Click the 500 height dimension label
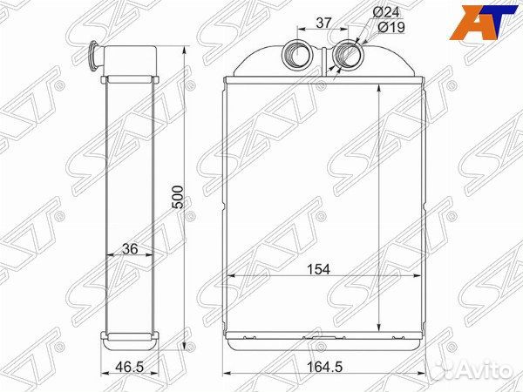click(x=178, y=197)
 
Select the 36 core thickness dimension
click(x=130, y=248)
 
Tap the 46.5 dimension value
click(x=129, y=367)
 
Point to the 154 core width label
click(x=318, y=269)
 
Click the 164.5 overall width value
click(x=324, y=367)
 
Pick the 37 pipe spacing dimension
click(x=323, y=23)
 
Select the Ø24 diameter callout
click(x=386, y=13)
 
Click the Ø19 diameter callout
click(x=391, y=27)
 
